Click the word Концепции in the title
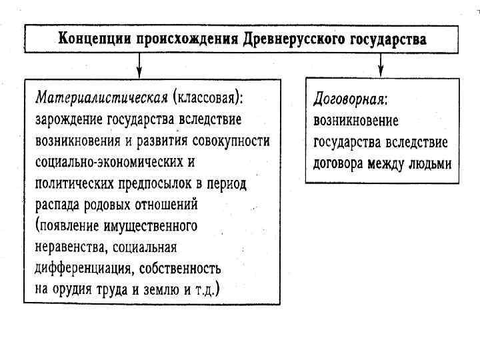click(x=95, y=38)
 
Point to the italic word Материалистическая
click(x=100, y=98)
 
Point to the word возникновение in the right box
click(x=356, y=121)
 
